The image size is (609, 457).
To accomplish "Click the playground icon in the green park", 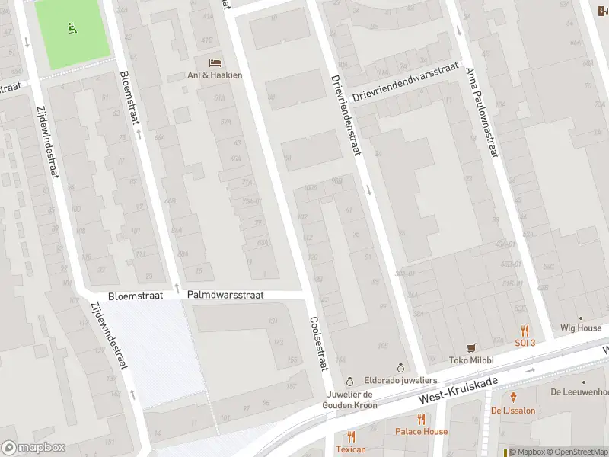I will coord(72,29).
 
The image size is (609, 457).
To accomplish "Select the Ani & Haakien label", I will coord(215,75).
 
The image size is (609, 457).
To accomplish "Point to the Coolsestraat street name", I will coord(317,344).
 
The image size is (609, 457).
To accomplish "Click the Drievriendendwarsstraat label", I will coord(407,82).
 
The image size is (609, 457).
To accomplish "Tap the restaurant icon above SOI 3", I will coord(525,331).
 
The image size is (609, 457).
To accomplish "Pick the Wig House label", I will coord(581,328).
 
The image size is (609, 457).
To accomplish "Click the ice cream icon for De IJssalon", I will coord(514,397).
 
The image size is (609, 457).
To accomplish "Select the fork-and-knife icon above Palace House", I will coord(421,418).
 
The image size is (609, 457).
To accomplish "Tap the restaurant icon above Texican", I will coord(351,436).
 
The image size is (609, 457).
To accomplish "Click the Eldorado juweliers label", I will coord(400,380).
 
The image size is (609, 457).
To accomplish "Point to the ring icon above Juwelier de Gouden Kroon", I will coord(349,381).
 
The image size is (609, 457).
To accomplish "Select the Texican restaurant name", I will coord(351,449).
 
